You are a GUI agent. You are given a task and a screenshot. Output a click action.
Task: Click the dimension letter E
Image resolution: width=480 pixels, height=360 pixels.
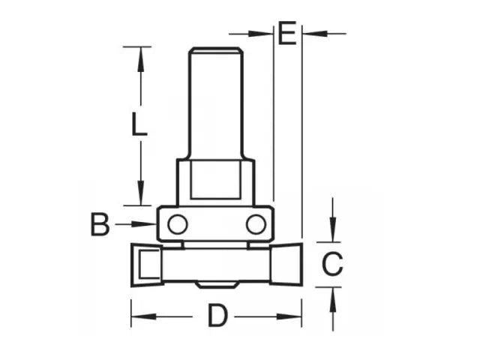287,34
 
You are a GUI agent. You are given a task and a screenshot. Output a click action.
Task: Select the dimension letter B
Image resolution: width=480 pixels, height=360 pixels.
100,224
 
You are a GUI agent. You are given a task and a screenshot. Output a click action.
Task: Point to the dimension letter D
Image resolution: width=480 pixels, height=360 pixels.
217,316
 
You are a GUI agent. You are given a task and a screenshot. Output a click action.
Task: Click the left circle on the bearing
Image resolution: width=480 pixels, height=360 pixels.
177,223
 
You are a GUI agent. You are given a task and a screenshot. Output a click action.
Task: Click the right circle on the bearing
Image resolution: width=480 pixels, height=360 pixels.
255,223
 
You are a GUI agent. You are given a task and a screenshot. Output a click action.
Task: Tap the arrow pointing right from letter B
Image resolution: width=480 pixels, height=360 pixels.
146,223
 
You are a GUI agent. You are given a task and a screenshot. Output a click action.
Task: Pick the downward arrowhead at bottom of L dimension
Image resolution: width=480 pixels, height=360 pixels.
139,194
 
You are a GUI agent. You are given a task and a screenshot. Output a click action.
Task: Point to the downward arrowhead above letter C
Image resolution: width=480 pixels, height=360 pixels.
332,232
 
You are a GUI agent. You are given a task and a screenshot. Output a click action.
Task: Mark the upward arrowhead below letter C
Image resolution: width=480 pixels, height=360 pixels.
332,297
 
